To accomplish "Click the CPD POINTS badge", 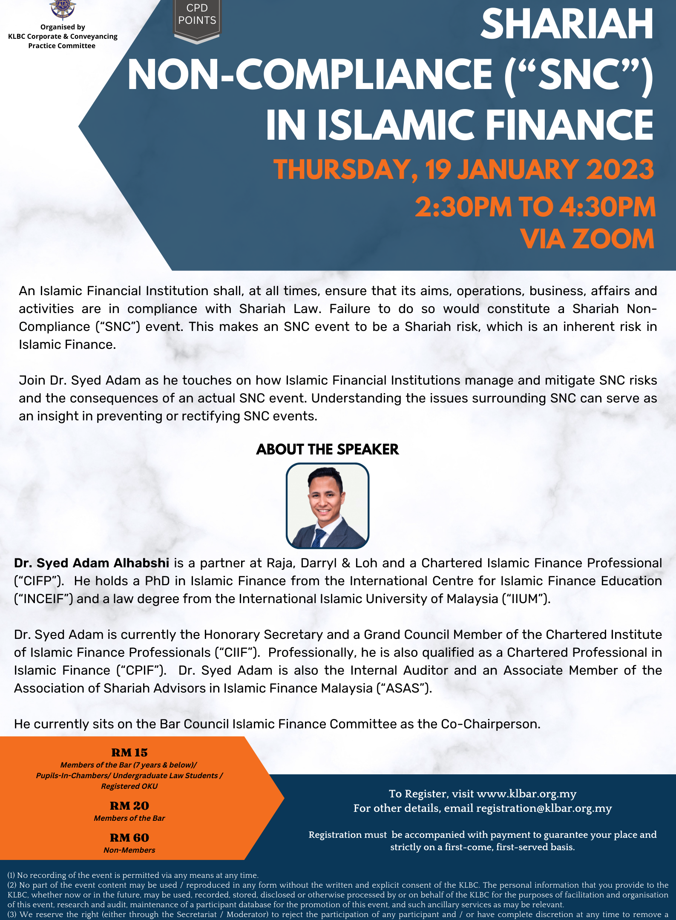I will pyautogui.click(x=197, y=19).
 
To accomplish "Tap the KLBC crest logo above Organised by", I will pyautogui.click(x=63, y=9).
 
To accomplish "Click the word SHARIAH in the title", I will pyautogui.click(x=567, y=25).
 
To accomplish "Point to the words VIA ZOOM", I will pyautogui.click(x=587, y=239).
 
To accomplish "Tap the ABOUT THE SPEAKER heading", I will pyautogui.click(x=327, y=449).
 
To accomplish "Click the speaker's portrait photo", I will pyautogui.click(x=327, y=506).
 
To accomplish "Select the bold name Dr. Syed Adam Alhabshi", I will pyautogui.click(x=92, y=563).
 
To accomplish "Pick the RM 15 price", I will pyautogui.click(x=129, y=753).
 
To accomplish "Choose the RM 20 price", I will pyautogui.click(x=129, y=806).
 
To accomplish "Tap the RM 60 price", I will pyautogui.click(x=129, y=838).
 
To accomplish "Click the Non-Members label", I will pyautogui.click(x=129, y=850).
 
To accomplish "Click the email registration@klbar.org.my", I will pyautogui.click(x=544, y=808).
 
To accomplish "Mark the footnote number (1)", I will pyautogui.click(x=12, y=875).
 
